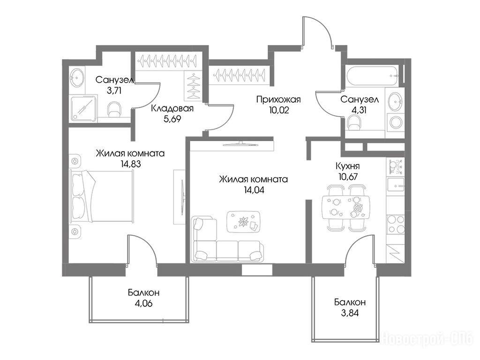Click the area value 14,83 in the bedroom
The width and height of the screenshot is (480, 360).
pyautogui.click(x=131, y=164)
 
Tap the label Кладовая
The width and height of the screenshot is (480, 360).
pyautogui.click(x=172, y=108)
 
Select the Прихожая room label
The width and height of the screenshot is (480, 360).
pyautogui.click(x=278, y=99)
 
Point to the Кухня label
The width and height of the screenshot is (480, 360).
pyautogui.click(x=348, y=166)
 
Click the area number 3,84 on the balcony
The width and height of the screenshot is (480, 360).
pyautogui.click(x=350, y=313)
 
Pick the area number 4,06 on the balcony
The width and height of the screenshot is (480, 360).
pyautogui.click(x=143, y=303)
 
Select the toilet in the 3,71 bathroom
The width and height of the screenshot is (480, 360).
pyautogui.click(x=114, y=109)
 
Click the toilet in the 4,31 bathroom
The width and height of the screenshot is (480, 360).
pyautogui.click(x=355, y=124)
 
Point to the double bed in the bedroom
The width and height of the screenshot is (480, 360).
pyautogui.click(x=102, y=195)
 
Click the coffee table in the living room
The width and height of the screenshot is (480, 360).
pyautogui.click(x=244, y=222)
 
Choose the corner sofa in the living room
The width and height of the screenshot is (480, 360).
pyautogui.click(x=227, y=239)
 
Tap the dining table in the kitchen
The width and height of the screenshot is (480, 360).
pyautogui.click(x=346, y=207)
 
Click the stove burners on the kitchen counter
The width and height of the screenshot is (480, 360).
pyautogui.click(x=396, y=225)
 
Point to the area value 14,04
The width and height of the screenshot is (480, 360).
pyautogui.click(x=254, y=190)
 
